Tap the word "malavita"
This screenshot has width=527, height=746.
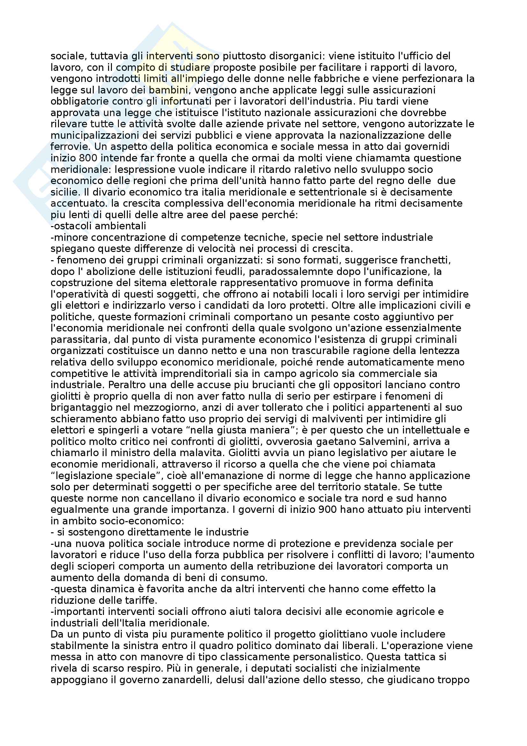click(200, 453)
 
